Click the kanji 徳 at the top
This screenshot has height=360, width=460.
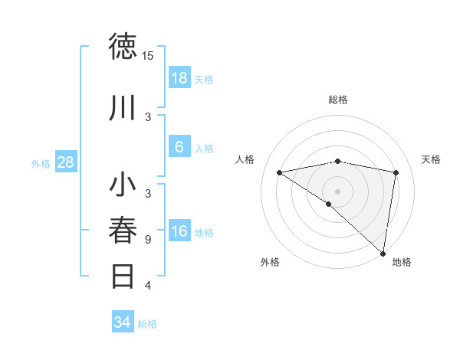pyautogui.click(x=123, y=47)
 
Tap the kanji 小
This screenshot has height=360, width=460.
pyautogui.click(x=123, y=186)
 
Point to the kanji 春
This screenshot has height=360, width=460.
pyautogui.click(x=123, y=231)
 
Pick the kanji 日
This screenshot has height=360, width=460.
pyautogui.click(x=123, y=276)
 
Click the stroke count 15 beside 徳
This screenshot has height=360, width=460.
pyautogui.click(x=148, y=56)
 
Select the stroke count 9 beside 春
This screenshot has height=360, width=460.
pyautogui.click(x=148, y=240)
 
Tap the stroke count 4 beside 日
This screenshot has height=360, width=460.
pyautogui.click(x=148, y=286)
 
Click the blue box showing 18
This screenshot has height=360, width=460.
pyautogui.click(x=179, y=78)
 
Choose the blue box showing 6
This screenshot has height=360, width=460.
pyautogui.click(x=179, y=146)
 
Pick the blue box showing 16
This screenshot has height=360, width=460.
pyautogui.click(x=179, y=231)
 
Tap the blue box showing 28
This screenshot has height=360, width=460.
pyautogui.click(x=65, y=162)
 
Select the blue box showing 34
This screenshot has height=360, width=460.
pyautogui.click(x=122, y=322)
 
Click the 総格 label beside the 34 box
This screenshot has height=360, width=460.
pyautogui.click(x=147, y=324)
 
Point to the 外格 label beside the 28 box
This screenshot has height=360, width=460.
pyautogui.click(x=41, y=163)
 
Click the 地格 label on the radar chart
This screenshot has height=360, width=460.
pyautogui.click(x=402, y=262)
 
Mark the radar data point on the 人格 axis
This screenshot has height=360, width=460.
pyautogui.click(x=280, y=172)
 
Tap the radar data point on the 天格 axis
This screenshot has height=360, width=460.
pyautogui.click(x=396, y=172)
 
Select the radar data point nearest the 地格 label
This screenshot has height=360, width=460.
pyautogui.click(x=383, y=253)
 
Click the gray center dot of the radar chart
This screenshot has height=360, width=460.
pyautogui.click(x=337, y=191)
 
